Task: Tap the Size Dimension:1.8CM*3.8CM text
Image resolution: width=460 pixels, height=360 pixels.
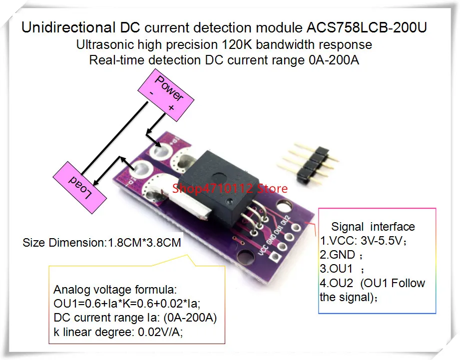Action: pos(102,243)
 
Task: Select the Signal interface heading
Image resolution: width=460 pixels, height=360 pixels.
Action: pos(373,227)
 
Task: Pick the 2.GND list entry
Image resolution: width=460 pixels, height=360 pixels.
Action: pos(338,255)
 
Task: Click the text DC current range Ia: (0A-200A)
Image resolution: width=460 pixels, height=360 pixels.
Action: pos(135,318)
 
